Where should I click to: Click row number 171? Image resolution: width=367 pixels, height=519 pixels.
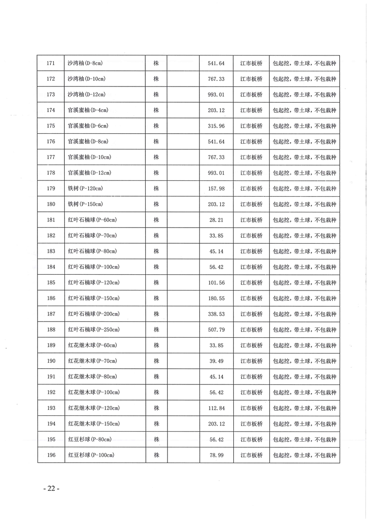point(51,63)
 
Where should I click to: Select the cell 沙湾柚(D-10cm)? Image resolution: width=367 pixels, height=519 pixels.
point(87,79)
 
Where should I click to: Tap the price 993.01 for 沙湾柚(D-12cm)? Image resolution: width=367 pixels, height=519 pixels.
point(216,95)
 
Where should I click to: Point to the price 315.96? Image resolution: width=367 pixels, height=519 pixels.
point(216,126)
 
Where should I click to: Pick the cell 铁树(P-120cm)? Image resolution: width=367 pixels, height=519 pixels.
point(85,189)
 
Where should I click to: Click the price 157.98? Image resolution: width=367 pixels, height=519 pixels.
point(216,189)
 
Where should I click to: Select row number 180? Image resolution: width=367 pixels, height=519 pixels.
point(51,204)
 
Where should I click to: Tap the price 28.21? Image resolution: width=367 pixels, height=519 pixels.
point(216,220)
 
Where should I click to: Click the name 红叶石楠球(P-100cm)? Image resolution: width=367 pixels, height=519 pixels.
point(93,267)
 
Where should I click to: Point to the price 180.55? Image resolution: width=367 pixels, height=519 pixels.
point(216,298)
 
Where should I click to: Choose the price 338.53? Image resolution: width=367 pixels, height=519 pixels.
point(216,314)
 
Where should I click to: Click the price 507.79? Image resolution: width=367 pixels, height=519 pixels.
point(216,330)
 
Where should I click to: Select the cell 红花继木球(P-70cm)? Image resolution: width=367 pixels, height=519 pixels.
point(92,361)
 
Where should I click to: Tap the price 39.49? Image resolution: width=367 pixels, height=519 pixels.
point(216,361)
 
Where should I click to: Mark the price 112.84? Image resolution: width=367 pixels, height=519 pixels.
point(216,408)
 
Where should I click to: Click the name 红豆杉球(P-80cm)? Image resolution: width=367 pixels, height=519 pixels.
point(89,439)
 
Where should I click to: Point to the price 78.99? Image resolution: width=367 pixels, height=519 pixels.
point(216,455)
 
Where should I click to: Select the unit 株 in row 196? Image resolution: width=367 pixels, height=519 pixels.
point(156,455)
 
